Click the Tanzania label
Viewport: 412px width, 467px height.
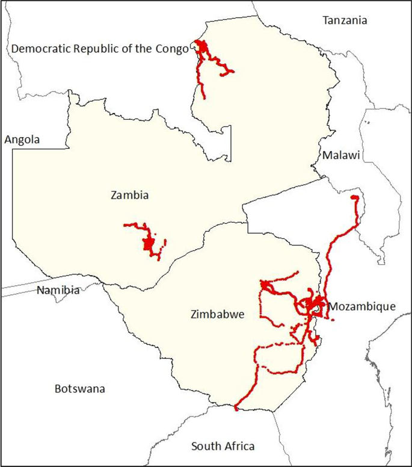click(345, 20)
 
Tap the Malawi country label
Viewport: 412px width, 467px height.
click(340, 156)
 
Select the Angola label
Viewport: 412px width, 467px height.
click(22, 140)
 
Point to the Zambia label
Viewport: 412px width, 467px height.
click(129, 195)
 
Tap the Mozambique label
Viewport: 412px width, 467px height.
click(361, 307)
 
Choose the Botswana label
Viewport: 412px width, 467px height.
click(79, 389)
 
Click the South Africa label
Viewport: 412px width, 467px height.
click(223, 447)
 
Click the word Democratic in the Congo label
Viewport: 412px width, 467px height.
click(38, 49)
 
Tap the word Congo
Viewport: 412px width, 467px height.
click(173, 49)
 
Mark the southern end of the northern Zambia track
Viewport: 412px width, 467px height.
click(203, 97)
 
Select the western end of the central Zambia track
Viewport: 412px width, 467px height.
click(125, 225)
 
